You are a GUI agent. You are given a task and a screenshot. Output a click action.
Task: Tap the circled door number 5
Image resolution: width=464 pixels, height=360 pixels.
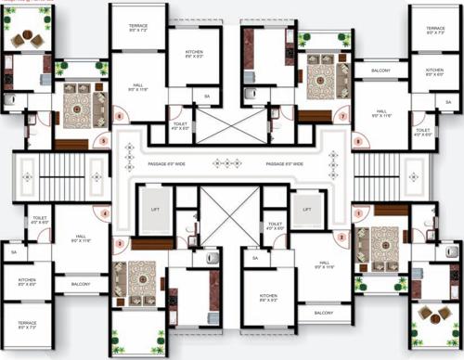pyautogui.click(x=104, y=141)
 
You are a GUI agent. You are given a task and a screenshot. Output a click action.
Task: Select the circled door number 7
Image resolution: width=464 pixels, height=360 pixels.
pyautogui.click(x=342, y=117)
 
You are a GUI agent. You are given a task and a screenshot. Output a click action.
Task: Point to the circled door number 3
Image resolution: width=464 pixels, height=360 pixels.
pyautogui.click(x=119, y=243)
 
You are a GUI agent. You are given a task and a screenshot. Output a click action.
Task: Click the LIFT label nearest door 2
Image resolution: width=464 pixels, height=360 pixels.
pyautogui.click(x=307, y=210)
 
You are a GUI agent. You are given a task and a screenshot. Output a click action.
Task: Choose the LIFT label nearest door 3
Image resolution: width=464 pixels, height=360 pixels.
pyautogui.click(x=155, y=210)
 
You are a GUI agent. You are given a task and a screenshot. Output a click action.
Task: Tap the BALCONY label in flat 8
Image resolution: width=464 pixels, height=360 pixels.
pyautogui.click(x=380, y=71)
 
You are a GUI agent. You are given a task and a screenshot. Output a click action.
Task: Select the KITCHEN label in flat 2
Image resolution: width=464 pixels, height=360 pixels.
pyautogui.click(x=268, y=298)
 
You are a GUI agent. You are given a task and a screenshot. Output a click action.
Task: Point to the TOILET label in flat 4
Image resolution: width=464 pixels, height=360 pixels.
pyautogui.click(x=40, y=221)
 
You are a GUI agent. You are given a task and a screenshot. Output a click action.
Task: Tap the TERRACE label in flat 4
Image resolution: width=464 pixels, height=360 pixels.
pyautogui.click(x=27, y=325)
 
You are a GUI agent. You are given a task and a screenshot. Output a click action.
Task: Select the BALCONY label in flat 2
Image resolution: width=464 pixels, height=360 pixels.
pyautogui.click(x=323, y=313)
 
